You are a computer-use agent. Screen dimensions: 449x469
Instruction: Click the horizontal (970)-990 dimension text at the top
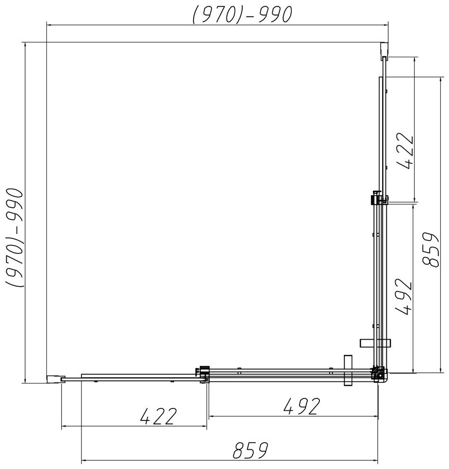pyautogui.click(x=242, y=14)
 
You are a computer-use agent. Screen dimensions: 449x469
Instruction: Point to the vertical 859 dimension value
pyautogui.click(x=430, y=250)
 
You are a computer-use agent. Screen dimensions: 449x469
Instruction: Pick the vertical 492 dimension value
pyautogui.click(x=403, y=296)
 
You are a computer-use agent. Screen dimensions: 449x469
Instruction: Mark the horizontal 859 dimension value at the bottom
pyautogui.click(x=251, y=450)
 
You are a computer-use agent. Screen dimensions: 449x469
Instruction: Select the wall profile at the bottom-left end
pyautogui.click(x=54, y=379)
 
